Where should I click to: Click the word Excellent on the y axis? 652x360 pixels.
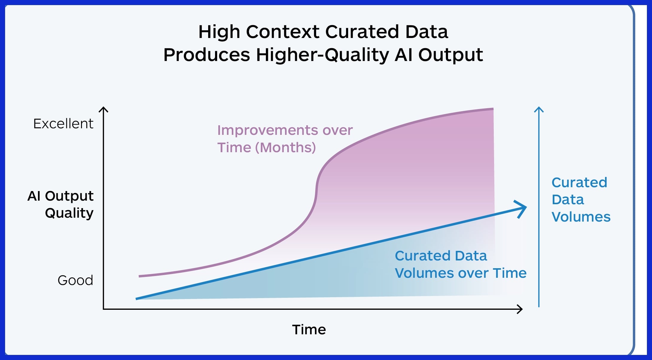[x=63, y=123]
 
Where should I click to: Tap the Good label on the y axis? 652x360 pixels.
[x=75, y=280]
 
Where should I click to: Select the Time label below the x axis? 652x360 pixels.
[x=309, y=330]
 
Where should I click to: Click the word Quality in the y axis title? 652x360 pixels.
[x=69, y=213]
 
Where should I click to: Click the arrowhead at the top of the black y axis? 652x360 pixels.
[x=103, y=109]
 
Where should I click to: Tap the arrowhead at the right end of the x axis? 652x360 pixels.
[x=520, y=309]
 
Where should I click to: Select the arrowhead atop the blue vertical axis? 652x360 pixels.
[x=539, y=109]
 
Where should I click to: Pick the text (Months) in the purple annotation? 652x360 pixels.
[x=286, y=147]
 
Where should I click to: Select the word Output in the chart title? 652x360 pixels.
[x=450, y=55]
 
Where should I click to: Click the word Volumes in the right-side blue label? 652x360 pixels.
[x=581, y=217]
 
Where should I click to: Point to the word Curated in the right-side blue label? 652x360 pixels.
[x=579, y=182]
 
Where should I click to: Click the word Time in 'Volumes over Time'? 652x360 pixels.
[x=510, y=273]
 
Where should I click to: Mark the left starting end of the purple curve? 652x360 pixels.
[x=139, y=276]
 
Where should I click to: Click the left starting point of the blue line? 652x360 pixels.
[x=136, y=299]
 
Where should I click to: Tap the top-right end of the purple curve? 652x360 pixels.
[x=493, y=109]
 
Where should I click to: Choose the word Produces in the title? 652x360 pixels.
[x=207, y=55]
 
